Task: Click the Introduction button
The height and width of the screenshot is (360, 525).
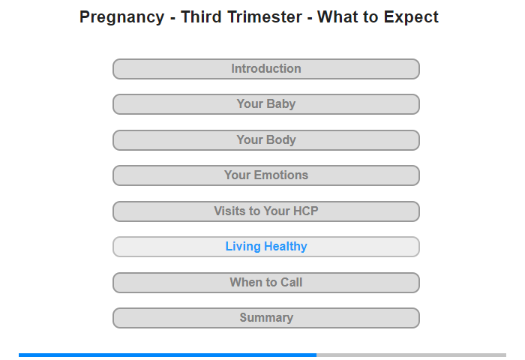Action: pos(265,69)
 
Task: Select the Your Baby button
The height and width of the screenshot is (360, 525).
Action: pos(265,104)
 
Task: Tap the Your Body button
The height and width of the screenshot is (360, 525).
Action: pos(265,140)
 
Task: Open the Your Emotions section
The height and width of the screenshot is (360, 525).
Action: pos(265,175)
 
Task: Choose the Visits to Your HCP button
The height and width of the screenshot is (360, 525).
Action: pos(265,211)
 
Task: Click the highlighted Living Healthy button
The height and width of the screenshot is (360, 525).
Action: pos(265,247)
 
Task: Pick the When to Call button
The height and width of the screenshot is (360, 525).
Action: pos(265,283)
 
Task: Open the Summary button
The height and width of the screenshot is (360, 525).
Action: pos(265,318)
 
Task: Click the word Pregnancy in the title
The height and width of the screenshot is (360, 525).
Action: pos(121,17)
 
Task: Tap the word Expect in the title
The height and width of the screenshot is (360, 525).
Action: pos(411,17)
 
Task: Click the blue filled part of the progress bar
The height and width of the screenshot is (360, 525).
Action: pos(167,355)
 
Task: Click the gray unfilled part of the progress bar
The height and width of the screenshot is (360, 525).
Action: pos(411,355)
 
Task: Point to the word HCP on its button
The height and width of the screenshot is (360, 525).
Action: pos(305,211)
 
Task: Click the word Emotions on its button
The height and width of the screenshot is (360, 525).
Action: pos(281,175)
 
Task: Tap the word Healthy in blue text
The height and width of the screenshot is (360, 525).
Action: pos(285,247)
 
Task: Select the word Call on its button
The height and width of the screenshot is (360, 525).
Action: pos(291,282)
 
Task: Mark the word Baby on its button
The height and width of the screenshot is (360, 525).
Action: pos(280,104)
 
